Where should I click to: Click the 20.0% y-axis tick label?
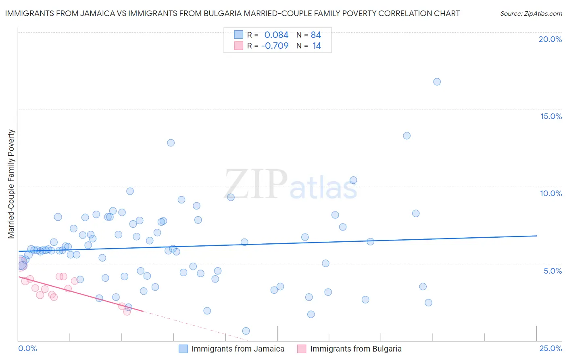(550, 39)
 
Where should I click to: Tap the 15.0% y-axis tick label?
(551, 116)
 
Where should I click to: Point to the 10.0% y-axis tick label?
(551, 193)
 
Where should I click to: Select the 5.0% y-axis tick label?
(552, 271)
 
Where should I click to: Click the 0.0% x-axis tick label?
(27, 348)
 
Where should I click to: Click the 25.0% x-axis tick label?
(550, 348)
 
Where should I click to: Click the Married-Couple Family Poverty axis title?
(11, 184)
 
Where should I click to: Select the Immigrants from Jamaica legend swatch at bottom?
(183, 349)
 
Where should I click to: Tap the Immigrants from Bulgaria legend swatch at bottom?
(302, 349)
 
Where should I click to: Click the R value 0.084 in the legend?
(276, 35)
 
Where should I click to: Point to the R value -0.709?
(275, 46)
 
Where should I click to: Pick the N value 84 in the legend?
(316, 35)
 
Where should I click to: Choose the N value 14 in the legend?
(317, 46)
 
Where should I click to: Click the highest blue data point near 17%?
(437, 82)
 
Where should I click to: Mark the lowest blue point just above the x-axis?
(246, 331)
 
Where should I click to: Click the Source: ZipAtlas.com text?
(531, 14)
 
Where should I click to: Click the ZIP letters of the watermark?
(256, 184)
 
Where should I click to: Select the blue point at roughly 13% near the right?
(406, 136)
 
